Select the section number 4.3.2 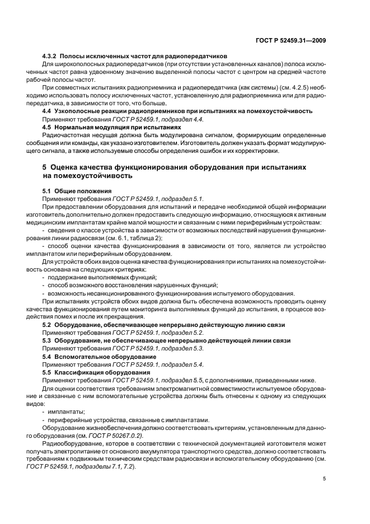point(51,57)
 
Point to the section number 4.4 point(48,112)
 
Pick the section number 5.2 point(48,325)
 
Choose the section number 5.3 point(48,340)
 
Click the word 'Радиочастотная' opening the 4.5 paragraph point(67,135)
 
